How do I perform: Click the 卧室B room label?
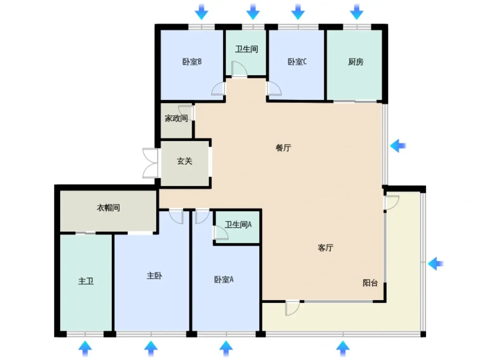pos(192,62)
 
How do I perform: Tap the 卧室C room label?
pos(297,62)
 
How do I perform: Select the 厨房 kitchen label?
pos(356,62)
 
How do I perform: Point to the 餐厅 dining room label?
pos(283,148)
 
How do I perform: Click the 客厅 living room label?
pos(325,248)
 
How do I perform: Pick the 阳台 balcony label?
pos(370,283)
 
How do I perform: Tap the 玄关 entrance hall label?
pos(184,161)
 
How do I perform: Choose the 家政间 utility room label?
pos(176,118)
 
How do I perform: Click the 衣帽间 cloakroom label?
pos(108,207)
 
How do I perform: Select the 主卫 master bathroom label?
pos(86,281)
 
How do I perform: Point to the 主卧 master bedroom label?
pos(154,276)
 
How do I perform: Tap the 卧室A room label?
pos(224,279)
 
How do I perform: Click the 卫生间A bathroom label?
pos(238,225)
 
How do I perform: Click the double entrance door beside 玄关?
pos(151,163)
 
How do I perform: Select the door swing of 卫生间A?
pos(221,232)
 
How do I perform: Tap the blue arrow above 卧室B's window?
pos(201,12)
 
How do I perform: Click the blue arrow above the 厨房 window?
pos(357,12)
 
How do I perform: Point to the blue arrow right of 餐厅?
pos(398,146)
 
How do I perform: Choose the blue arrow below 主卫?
pos(85,348)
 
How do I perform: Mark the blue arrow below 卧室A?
pos(226,348)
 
